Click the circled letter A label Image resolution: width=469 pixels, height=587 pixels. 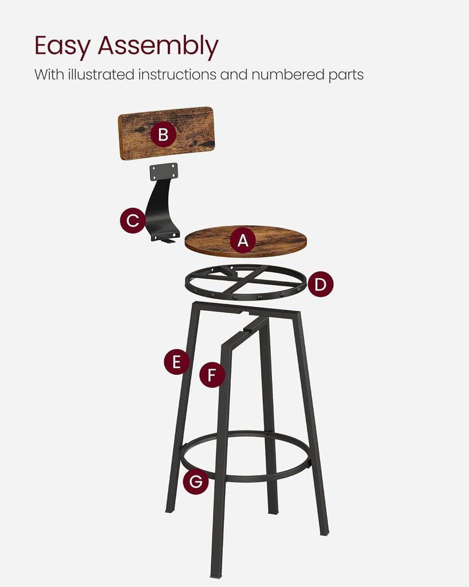click(x=243, y=241)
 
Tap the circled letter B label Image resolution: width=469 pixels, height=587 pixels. click(x=163, y=135)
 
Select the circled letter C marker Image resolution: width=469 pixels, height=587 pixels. click(x=132, y=221)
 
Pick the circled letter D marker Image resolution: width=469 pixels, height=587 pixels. click(x=321, y=284)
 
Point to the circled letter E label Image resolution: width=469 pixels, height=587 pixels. click(x=176, y=362)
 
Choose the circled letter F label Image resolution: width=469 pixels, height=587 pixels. click(x=212, y=375)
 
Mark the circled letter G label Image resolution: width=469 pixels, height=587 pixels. click(x=195, y=482)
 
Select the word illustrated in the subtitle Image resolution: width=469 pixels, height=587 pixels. click(x=97, y=75)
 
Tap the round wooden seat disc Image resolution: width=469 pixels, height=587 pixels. click(x=275, y=241)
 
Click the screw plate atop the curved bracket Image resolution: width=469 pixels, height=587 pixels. click(x=164, y=171)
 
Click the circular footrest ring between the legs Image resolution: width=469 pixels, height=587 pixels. click(x=246, y=476)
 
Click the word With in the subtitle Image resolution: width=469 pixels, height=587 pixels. click(x=47, y=75)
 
